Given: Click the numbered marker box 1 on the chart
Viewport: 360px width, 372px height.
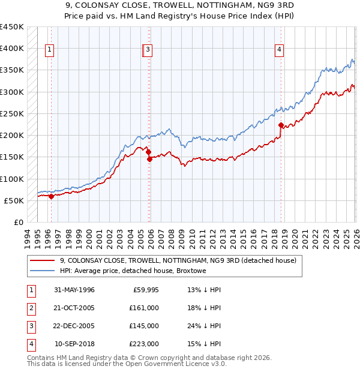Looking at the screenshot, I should click(49, 50).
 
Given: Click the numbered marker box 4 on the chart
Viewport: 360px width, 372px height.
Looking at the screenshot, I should click(280, 50).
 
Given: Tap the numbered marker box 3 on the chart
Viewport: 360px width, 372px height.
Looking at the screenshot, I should click(148, 50).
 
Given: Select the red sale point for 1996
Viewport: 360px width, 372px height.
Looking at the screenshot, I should click(51, 196).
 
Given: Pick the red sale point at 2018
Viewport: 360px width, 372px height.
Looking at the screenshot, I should click(281, 125).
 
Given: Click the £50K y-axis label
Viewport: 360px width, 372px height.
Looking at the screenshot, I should click(14, 200).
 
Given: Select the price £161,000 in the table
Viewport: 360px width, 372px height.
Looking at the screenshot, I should click(144, 308).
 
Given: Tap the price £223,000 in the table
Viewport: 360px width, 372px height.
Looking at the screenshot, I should click(144, 344).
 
